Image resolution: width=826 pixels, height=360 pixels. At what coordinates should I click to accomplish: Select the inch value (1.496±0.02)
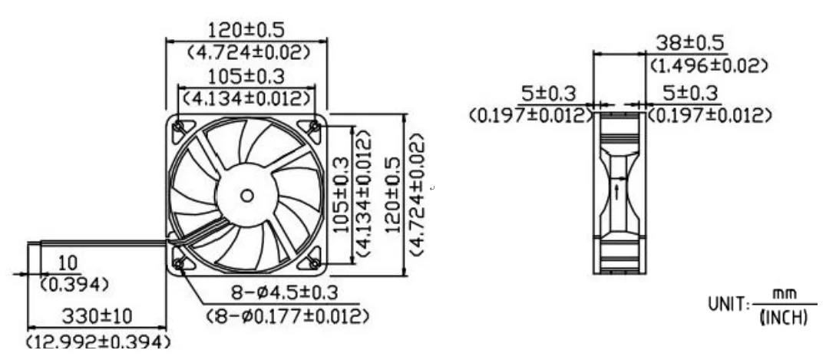709,66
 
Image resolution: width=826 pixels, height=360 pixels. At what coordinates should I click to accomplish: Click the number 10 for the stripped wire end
68,264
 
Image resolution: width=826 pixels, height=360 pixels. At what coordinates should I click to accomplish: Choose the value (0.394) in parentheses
73,285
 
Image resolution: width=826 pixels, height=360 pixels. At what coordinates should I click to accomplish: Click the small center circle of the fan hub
246,195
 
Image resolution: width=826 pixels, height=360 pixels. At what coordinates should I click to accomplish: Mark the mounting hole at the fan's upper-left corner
178,125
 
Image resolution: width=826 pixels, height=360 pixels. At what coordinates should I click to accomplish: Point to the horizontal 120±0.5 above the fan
247,31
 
